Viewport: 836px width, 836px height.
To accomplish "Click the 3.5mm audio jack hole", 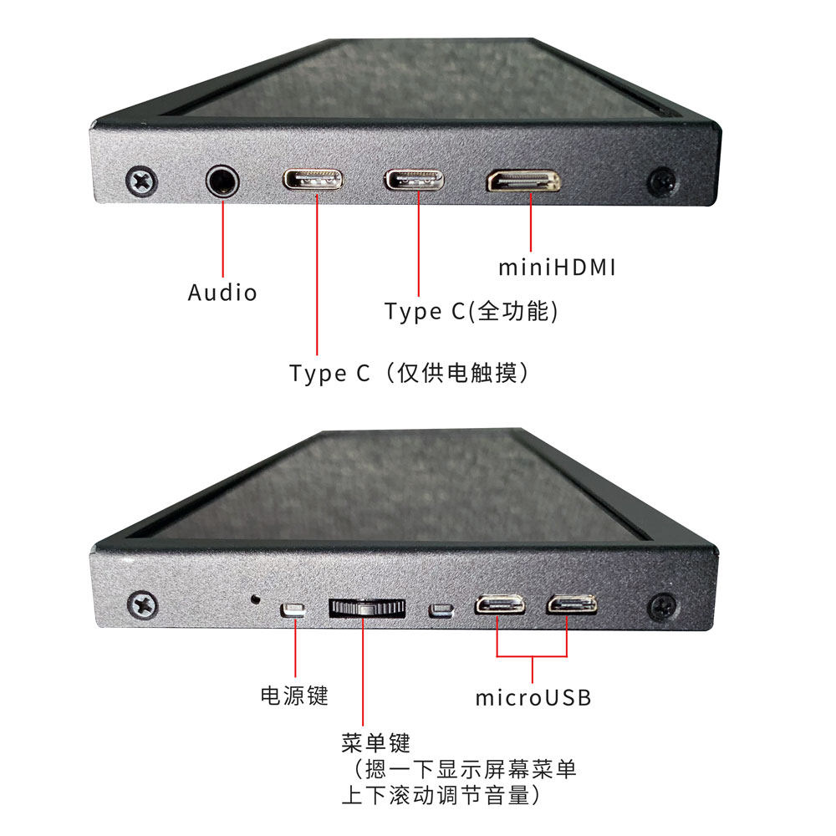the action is tap(222, 181).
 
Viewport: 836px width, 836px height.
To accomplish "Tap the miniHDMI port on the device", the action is tap(523, 181).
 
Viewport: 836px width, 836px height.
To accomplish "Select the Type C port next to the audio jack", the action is tap(313, 181).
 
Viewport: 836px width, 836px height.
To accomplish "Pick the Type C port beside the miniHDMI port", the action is tap(414, 181).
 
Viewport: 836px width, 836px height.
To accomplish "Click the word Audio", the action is tap(222, 293).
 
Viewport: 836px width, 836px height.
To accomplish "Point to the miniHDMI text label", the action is tap(557, 268).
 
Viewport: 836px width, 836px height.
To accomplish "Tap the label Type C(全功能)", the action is tap(472, 311).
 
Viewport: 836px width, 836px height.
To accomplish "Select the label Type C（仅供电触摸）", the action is tap(409, 373).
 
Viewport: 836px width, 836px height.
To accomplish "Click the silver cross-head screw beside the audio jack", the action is tap(142, 181).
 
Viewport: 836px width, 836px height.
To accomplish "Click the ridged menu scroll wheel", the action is tap(367, 609).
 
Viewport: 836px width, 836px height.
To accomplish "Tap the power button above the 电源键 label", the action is tap(293, 610).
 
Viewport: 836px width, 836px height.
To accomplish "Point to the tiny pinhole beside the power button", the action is tap(255, 599).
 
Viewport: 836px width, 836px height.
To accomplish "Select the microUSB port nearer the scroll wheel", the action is tap(500, 605).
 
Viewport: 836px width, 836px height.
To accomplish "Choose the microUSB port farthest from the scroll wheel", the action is tap(572, 604).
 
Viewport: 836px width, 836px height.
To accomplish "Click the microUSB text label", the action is tap(533, 697).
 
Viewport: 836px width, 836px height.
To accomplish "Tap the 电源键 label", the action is tap(294, 696).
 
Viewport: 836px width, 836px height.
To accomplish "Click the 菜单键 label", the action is tap(376, 742).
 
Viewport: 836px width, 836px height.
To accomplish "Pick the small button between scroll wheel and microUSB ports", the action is tap(441, 610).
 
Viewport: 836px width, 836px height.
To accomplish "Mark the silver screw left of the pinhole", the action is tap(142, 605).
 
